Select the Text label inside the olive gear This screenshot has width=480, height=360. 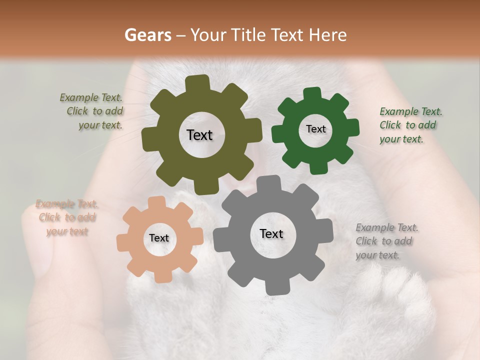tap(199, 135)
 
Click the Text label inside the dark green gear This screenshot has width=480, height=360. tap(315, 129)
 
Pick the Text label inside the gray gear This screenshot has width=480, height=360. tap(271, 234)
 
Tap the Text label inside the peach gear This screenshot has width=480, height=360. tap(159, 238)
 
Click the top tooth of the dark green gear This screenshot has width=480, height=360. tap(312, 94)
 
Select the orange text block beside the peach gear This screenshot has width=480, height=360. tap(66, 217)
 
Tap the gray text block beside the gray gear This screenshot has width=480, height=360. tap(385, 241)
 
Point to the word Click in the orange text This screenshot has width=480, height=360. tap(49, 217)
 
